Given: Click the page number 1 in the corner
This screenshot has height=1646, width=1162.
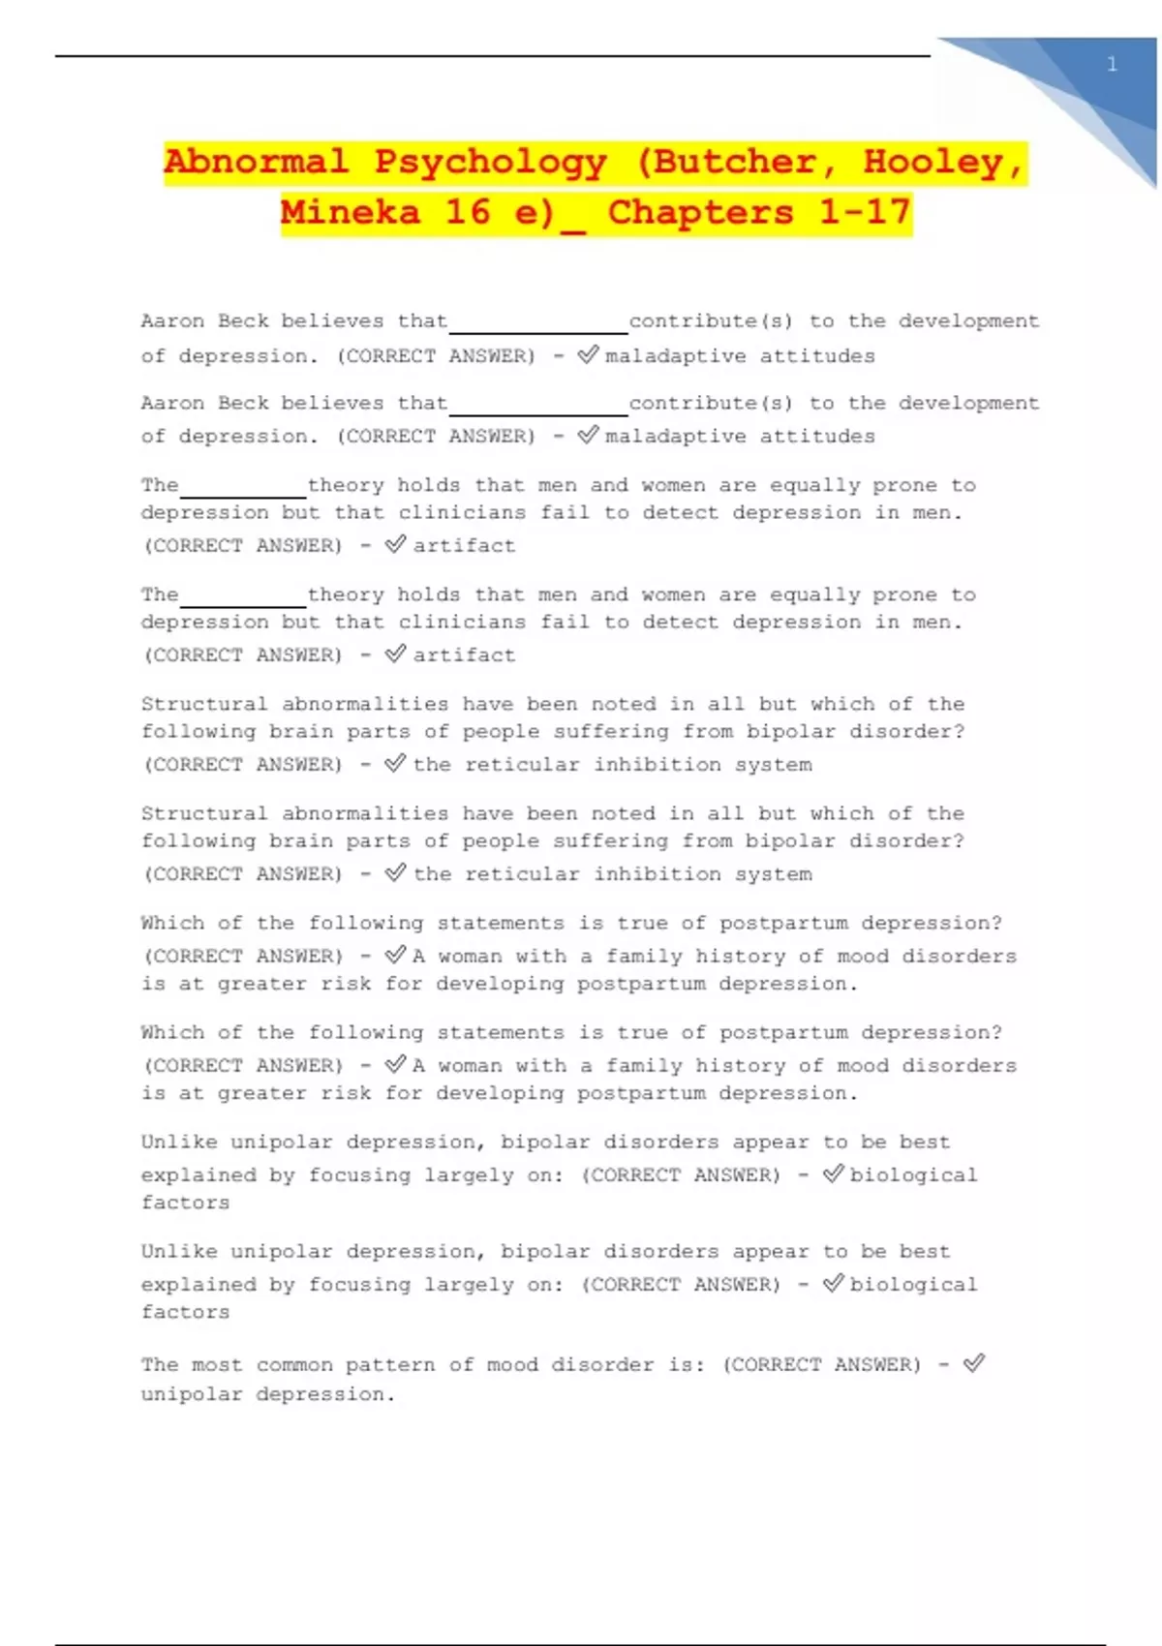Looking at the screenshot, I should (1112, 65).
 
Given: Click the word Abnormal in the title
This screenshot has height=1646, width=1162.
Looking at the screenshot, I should (256, 162).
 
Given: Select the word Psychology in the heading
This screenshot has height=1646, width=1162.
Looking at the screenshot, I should (491, 162).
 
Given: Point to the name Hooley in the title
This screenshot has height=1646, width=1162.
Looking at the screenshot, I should (932, 162).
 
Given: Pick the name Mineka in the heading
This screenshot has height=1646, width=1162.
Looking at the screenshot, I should (351, 212).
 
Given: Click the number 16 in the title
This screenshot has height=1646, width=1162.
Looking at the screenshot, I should (467, 212).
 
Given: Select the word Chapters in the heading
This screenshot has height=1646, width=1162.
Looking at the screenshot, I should (699, 212).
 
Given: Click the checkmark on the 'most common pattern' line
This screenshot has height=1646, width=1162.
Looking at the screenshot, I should (973, 1363).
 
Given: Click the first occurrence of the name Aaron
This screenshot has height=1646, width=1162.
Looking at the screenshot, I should (172, 321).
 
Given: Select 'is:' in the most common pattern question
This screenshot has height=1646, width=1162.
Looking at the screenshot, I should (687, 1365).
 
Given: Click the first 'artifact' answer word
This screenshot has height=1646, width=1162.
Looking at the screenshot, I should (464, 546).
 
